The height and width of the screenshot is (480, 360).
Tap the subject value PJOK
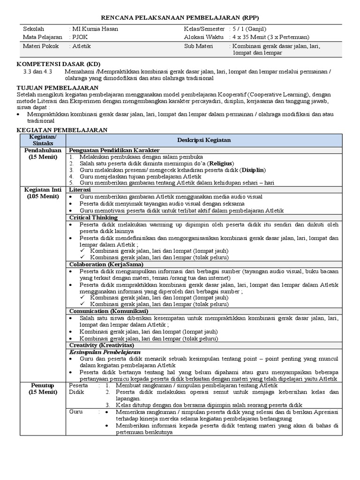coord(80,37)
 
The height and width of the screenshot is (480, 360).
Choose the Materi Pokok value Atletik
coord(82,46)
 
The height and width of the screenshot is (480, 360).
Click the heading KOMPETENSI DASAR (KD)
coord(59,64)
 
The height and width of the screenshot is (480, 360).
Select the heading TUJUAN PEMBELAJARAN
coord(57,88)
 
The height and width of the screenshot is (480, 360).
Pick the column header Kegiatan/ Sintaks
coord(41,140)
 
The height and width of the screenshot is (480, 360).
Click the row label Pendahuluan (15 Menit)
coord(41,153)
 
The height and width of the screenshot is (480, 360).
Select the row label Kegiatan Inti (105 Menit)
coord(41,193)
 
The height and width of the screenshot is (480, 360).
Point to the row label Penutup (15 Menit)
coord(41,389)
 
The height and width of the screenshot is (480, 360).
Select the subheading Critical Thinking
coord(93,217)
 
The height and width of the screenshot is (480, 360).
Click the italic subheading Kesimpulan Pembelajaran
coord(106,352)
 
